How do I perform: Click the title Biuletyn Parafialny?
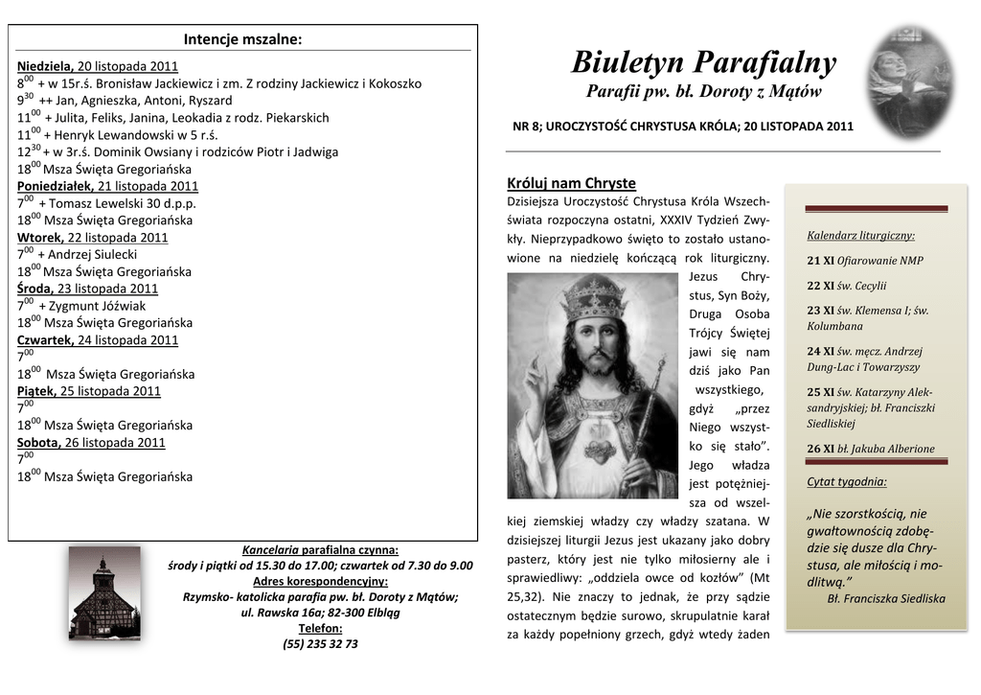coord(703,63)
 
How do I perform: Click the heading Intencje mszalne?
coord(242,39)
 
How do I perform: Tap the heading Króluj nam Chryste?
coord(571,183)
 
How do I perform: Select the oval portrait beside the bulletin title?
coord(910,81)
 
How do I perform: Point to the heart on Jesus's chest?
coord(599,450)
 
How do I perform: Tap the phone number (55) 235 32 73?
coord(320,644)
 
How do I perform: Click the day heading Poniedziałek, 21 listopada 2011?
coord(108,186)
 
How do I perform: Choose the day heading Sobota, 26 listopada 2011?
coord(91,442)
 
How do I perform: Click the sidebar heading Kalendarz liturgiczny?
coord(860,235)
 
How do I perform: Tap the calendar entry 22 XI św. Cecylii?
coord(846,285)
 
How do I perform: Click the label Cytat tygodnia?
coord(846,481)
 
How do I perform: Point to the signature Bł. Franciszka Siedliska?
coord(886,598)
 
